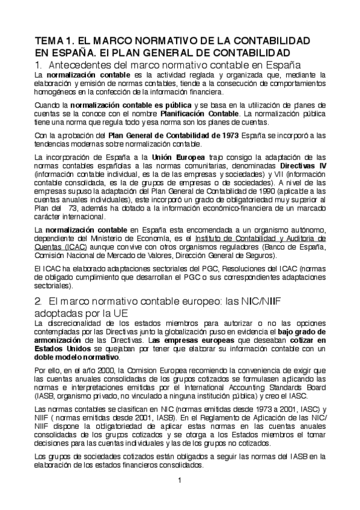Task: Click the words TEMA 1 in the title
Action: [52, 41]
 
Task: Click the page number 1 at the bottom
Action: [180, 479]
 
